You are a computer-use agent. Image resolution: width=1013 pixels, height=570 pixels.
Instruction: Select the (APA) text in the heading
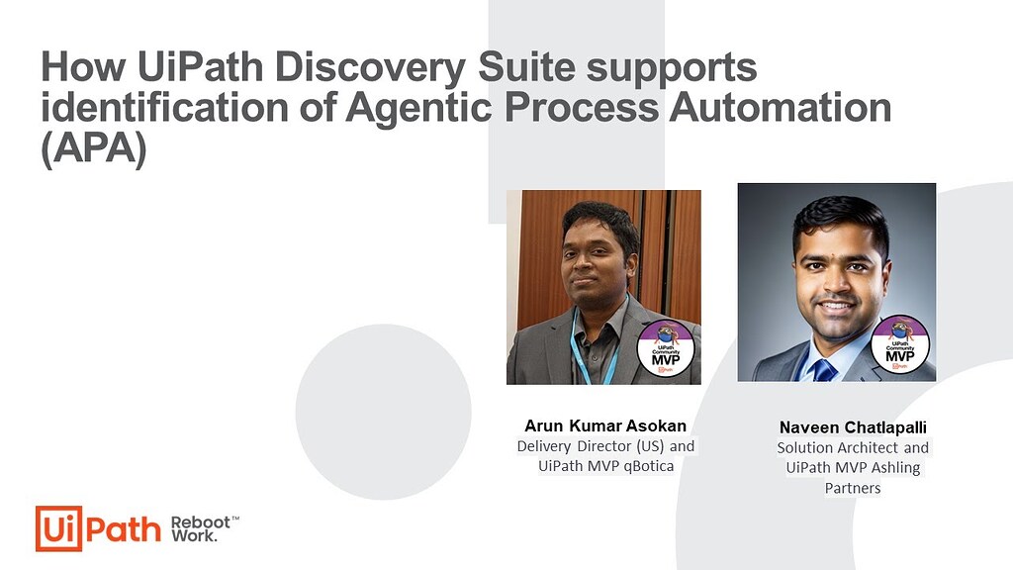[x=94, y=148]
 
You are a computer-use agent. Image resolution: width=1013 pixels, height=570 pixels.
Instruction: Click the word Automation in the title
[x=780, y=107]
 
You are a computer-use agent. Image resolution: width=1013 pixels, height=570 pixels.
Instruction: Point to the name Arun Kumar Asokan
[x=605, y=426]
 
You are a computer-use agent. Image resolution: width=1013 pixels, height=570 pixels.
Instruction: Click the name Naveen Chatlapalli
[x=853, y=427]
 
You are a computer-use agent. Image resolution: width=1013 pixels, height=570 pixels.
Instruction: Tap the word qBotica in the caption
[x=649, y=466]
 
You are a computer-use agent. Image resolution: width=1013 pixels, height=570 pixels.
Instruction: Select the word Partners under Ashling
[x=853, y=488]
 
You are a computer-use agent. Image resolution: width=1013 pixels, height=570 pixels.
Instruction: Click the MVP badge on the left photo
[x=666, y=349]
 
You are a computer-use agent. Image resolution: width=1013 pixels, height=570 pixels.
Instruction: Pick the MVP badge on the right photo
[x=900, y=344]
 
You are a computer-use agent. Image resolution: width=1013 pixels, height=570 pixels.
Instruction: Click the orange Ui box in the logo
[x=58, y=528]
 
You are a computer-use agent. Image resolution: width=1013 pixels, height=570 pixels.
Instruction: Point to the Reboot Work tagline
[x=204, y=528]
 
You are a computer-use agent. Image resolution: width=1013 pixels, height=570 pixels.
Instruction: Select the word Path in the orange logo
[x=124, y=529]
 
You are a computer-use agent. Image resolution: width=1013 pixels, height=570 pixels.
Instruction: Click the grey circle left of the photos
[x=384, y=412]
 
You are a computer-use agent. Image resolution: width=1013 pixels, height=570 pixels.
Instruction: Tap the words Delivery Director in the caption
[x=574, y=446]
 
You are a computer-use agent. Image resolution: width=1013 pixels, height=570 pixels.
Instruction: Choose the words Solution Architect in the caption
[x=837, y=448]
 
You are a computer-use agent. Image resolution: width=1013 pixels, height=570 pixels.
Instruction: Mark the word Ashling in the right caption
[x=895, y=468]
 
